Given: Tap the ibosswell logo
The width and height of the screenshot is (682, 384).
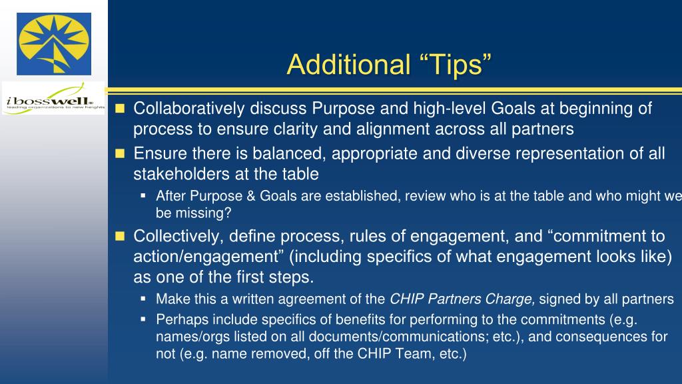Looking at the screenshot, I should tap(53, 99).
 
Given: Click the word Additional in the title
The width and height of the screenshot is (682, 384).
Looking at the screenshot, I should tap(349, 65).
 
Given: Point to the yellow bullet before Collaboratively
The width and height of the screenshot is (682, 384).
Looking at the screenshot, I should tap(120, 109).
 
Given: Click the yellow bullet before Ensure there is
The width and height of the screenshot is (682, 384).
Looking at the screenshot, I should tap(120, 154).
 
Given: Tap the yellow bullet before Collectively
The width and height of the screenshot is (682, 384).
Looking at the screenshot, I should tap(120, 236).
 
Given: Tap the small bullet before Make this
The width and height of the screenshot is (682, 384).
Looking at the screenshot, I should tap(143, 299).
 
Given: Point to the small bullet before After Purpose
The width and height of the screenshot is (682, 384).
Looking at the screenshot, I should tap(143, 196).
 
